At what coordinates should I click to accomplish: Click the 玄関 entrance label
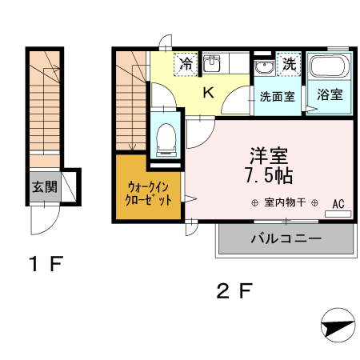click(44, 188)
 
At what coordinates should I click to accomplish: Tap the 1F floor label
click(42, 262)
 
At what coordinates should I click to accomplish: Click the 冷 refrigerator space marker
click(186, 62)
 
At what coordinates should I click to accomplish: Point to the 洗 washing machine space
click(288, 62)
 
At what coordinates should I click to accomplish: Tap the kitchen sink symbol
click(212, 63)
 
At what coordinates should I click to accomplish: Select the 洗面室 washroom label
click(277, 96)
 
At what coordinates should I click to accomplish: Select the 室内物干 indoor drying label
click(286, 202)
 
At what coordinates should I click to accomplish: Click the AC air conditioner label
click(338, 203)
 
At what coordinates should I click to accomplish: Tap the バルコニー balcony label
click(286, 238)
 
